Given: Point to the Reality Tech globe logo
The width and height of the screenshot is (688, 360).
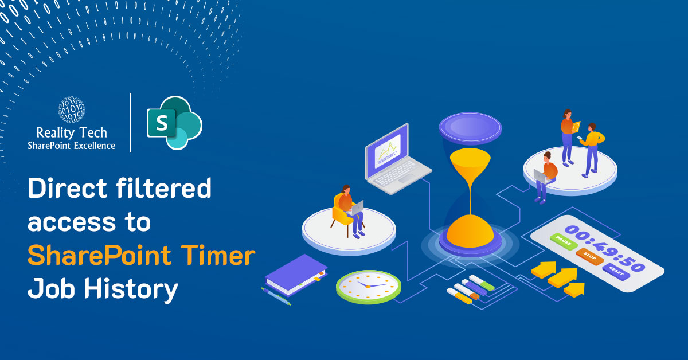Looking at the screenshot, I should (x=71, y=110).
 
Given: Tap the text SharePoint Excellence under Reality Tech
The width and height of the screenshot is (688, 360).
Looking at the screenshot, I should (x=71, y=146).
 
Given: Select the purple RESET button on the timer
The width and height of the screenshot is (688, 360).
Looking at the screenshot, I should (x=616, y=272).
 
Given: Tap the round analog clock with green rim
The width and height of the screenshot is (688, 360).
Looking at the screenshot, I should (x=369, y=287).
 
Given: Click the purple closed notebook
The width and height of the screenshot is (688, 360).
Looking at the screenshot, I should (x=296, y=275).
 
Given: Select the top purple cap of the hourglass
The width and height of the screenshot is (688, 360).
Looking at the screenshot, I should (x=470, y=127).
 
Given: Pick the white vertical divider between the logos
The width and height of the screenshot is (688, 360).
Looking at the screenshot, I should (x=131, y=122).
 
